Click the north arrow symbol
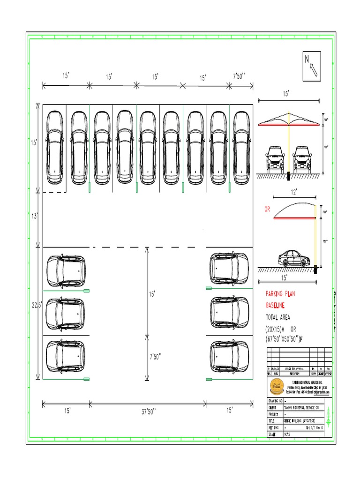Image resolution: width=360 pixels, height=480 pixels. click(312, 64)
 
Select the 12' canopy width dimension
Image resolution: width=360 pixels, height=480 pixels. click(294, 192)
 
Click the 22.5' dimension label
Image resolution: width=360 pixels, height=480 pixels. click(37, 305)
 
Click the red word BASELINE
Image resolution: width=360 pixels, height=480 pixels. click(279, 306)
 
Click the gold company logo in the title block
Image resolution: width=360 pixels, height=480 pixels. click(276, 387)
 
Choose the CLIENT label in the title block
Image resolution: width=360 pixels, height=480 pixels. click(273, 408)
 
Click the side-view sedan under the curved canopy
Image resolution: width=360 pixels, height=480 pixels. click(294, 258)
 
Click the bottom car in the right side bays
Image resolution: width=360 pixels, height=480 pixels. click(229, 356)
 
